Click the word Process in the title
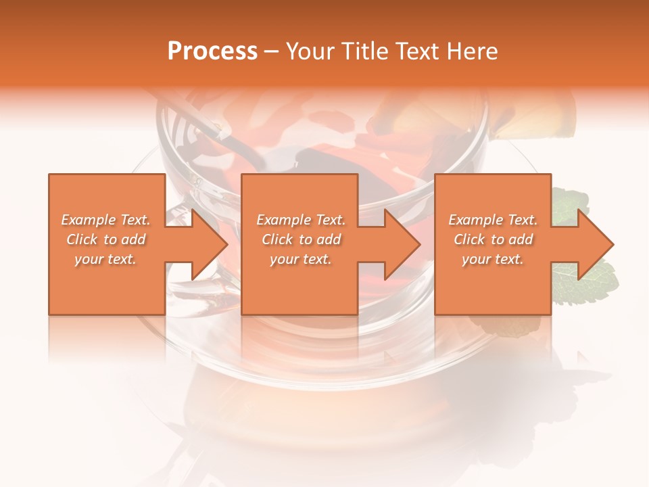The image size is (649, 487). pyautogui.click(x=212, y=51)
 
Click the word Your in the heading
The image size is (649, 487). pyautogui.click(x=310, y=51)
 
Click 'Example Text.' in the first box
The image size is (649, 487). pyautogui.click(x=105, y=220)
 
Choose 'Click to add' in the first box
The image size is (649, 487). pyautogui.click(x=105, y=239)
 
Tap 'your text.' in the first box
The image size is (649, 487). pyautogui.click(x=105, y=259)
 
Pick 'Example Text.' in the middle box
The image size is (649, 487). pyautogui.click(x=301, y=220)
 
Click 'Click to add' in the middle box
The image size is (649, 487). pyautogui.click(x=301, y=239)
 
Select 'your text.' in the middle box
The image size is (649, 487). pyautogui.click(x=301, y=259)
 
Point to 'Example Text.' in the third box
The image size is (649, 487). pyautogui.click(x=493, y=220)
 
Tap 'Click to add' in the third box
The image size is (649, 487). pyautogui.click(x=493, y=239)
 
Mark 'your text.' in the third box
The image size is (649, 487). pyautogui.click(x=493, y=259)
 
